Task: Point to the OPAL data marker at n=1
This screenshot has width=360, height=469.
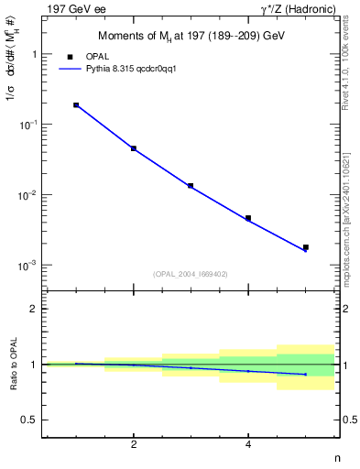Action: tap(76, 105)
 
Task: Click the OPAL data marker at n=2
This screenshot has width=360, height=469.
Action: tap(134, 148)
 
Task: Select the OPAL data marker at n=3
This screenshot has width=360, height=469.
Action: tap(191, 186)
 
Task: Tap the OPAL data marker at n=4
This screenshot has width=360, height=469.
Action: tap(248, 218)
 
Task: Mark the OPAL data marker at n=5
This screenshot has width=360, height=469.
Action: tap(306, 247)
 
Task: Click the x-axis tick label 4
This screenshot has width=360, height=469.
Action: tap(248, 444)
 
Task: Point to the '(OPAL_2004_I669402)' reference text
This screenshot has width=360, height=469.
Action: tap(191, 273)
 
